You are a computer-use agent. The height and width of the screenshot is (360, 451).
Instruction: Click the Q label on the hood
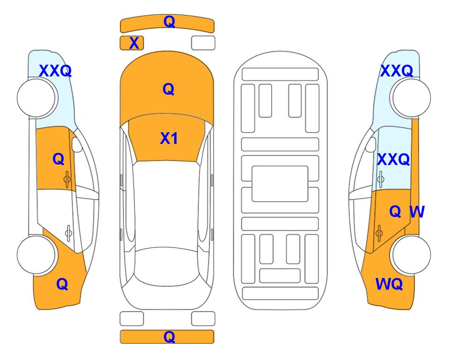point(169,89)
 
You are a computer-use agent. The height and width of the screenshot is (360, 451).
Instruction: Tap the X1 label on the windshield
point(169,138)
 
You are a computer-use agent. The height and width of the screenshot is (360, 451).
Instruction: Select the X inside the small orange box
point(134,43)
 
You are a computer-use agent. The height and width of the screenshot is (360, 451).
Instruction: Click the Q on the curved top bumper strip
point(170,22)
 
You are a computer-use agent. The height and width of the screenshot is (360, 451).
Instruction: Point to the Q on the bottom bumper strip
point(170,337)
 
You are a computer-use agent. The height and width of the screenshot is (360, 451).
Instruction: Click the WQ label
point(389,284)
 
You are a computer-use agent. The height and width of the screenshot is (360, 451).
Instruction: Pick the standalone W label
point(417,212)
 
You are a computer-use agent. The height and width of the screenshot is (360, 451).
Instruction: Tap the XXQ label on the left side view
point(55,71)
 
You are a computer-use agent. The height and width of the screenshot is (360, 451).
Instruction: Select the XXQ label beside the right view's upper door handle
point(393,159)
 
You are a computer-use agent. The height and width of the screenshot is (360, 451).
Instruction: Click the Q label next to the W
point(395,212)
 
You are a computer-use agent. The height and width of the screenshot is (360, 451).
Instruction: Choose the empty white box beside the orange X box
point(203,43)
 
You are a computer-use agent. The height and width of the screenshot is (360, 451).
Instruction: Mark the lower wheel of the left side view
point(36,255)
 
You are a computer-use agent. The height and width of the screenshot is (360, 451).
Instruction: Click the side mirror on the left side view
point(77,144)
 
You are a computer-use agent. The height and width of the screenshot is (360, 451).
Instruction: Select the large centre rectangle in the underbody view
point(280,184)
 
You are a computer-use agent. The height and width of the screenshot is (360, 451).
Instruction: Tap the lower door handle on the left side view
point(68,233)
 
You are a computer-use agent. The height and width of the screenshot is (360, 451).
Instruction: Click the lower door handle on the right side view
point(379,233)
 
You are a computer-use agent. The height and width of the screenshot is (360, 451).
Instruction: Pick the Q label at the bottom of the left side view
point(62,284)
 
